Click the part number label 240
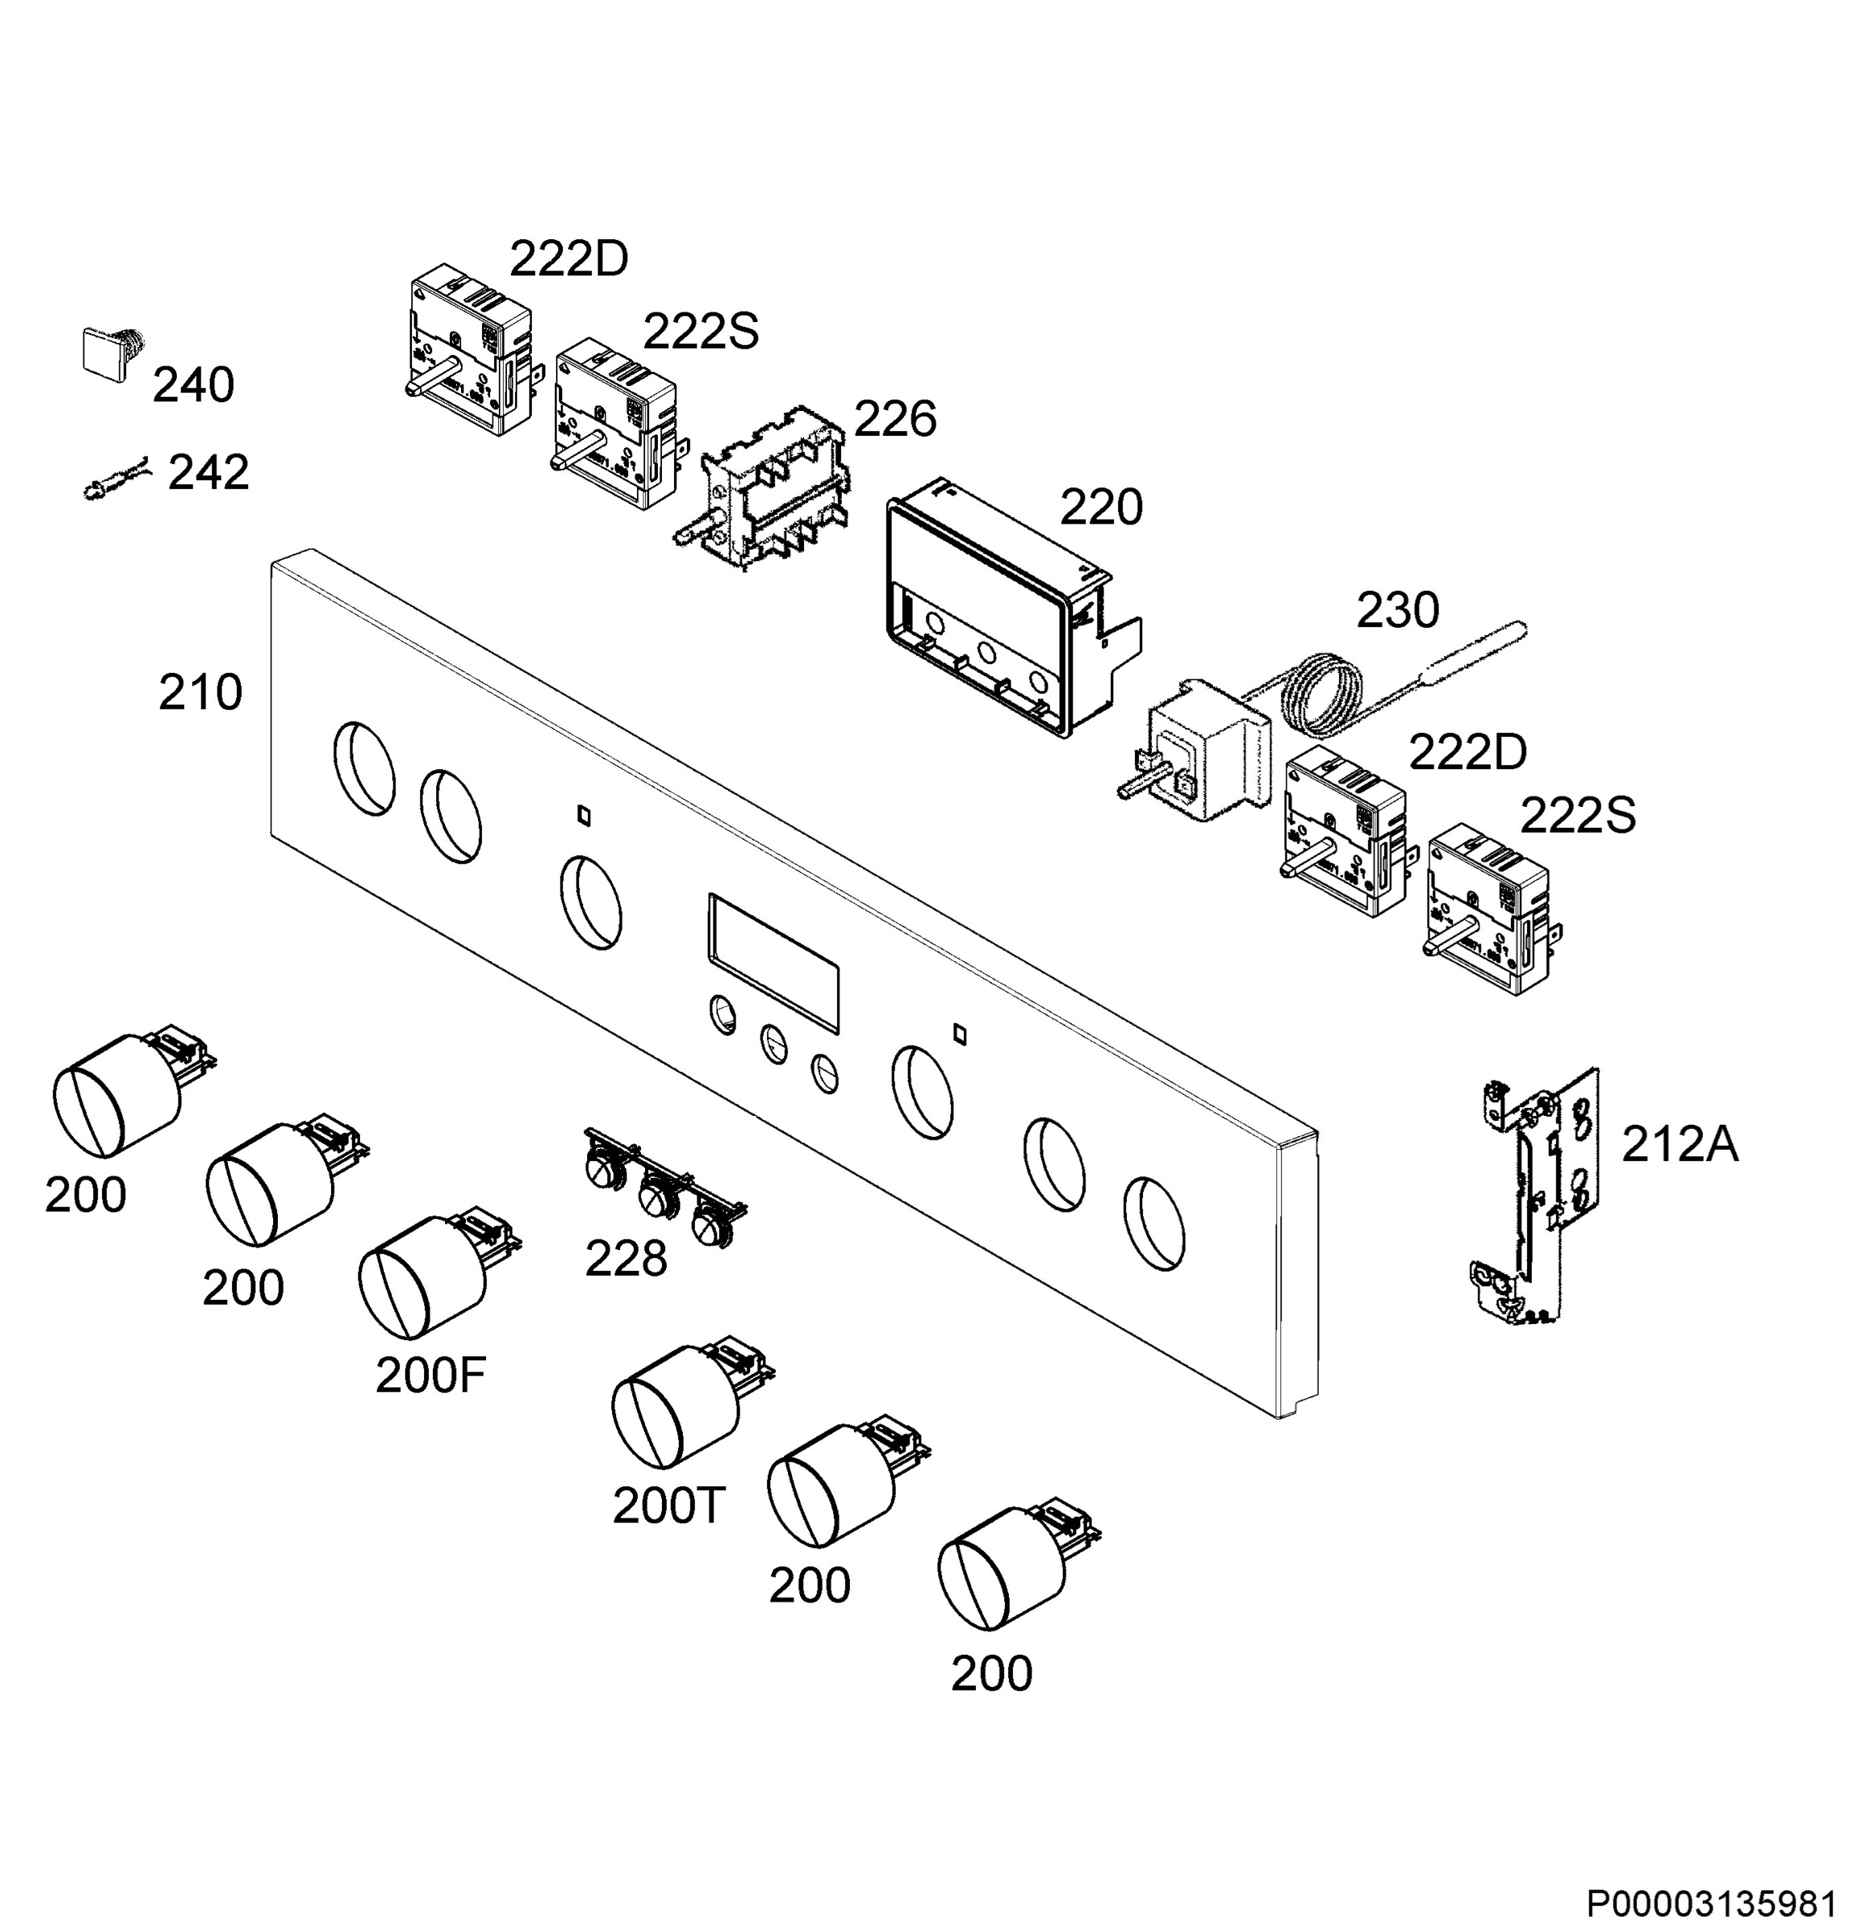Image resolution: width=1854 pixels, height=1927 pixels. coord(194,385)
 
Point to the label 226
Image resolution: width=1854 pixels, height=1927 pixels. coord(895,420)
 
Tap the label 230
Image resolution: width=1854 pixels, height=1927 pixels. coord(1398,610)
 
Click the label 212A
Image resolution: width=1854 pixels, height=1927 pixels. coord(1680,1144)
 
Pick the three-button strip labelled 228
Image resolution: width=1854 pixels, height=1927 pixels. coord(665,1187)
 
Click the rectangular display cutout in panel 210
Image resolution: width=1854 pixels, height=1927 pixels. coord(773,963)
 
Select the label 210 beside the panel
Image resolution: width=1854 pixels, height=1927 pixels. coord(201,693)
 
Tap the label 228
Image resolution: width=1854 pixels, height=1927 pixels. coord(627,1258)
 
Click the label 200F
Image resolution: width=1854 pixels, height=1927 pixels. coord(431,1375)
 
